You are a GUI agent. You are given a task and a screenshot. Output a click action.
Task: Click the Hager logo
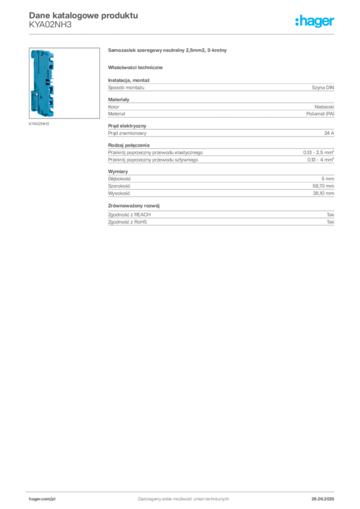tap(315, 21)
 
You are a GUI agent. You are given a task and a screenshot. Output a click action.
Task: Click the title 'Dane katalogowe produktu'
tap(84, 15)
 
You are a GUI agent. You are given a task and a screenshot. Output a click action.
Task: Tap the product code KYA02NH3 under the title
tap(50, 25)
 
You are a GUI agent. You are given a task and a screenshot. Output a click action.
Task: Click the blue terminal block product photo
tap(43, 84)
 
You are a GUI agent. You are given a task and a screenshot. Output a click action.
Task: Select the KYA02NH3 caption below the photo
tap(39, 124)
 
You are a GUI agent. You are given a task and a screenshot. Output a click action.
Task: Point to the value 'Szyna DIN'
tap(323, 87)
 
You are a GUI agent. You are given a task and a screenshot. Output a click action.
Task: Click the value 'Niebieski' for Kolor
tap(324, 107)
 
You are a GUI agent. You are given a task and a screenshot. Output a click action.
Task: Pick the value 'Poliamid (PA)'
tap(320, 114)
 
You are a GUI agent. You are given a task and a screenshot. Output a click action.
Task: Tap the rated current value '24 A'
tap(329, 133)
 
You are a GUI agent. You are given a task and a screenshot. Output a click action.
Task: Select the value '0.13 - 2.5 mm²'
tap(318, 152)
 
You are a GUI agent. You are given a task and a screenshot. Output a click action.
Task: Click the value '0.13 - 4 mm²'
tap(320, 160)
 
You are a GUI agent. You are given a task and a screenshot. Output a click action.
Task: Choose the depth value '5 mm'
tap(328, 179)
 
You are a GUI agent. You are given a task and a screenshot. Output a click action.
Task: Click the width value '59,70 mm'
tap(323, 186)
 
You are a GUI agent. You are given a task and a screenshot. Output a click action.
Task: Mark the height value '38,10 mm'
tap(323, 193)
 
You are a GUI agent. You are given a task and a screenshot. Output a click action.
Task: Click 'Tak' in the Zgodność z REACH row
tap(330, 215)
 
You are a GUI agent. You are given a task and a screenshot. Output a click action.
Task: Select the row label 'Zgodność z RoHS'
tap(127, 222)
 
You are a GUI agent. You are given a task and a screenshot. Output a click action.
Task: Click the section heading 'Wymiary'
tap(118, 171)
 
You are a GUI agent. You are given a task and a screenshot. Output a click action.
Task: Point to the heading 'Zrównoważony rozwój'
tap(134, 206)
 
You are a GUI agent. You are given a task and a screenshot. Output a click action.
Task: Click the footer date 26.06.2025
tap(323, 499)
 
